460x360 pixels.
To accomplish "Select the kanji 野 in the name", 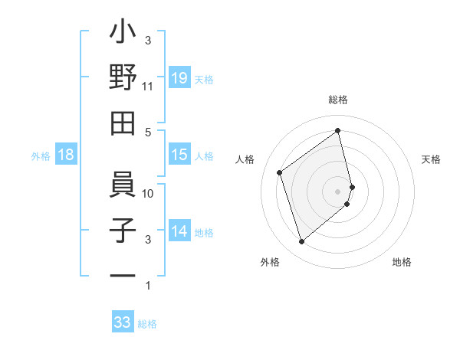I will tap(123, 78).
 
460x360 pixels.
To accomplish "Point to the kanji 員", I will tap(123, 185).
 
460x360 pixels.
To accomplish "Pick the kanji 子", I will tap(123, 231).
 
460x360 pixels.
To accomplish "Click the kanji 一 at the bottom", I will tap(123, 274).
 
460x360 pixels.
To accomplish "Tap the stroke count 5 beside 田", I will tap(148, 133).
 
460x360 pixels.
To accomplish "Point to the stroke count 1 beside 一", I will tap(148, 286).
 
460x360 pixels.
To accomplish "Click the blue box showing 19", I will tap(179, 78).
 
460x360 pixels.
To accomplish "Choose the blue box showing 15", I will tap(179, 155).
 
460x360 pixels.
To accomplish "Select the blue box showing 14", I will tap(179, 231).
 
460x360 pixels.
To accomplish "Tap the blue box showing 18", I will tap(66, 155).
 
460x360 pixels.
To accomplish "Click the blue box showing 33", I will tap(123, 322).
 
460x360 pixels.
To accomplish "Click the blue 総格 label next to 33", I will tap(147, 324).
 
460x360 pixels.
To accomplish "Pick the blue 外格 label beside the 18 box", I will tap(41, 156).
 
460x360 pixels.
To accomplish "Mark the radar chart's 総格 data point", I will tap(338, 131).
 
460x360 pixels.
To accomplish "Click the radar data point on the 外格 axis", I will tap(301, 242).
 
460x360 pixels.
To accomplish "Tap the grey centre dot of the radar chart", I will tap(338, 190).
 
